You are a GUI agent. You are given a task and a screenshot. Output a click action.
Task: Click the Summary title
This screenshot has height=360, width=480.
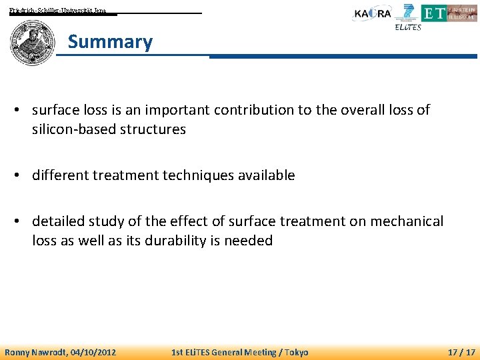coord(110,42)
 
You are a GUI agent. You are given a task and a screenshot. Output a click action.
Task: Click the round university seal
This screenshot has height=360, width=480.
coord(32,42)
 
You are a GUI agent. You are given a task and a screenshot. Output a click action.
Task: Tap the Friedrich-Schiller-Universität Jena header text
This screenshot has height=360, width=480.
coord(57,11)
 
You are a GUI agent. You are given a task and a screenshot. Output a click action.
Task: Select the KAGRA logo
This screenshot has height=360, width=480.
coord(372,13)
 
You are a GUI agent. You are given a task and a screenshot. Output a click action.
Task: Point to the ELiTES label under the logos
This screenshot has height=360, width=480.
coord(408,27)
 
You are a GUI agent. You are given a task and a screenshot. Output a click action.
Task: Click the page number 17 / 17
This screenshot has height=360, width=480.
coord(461,352)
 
